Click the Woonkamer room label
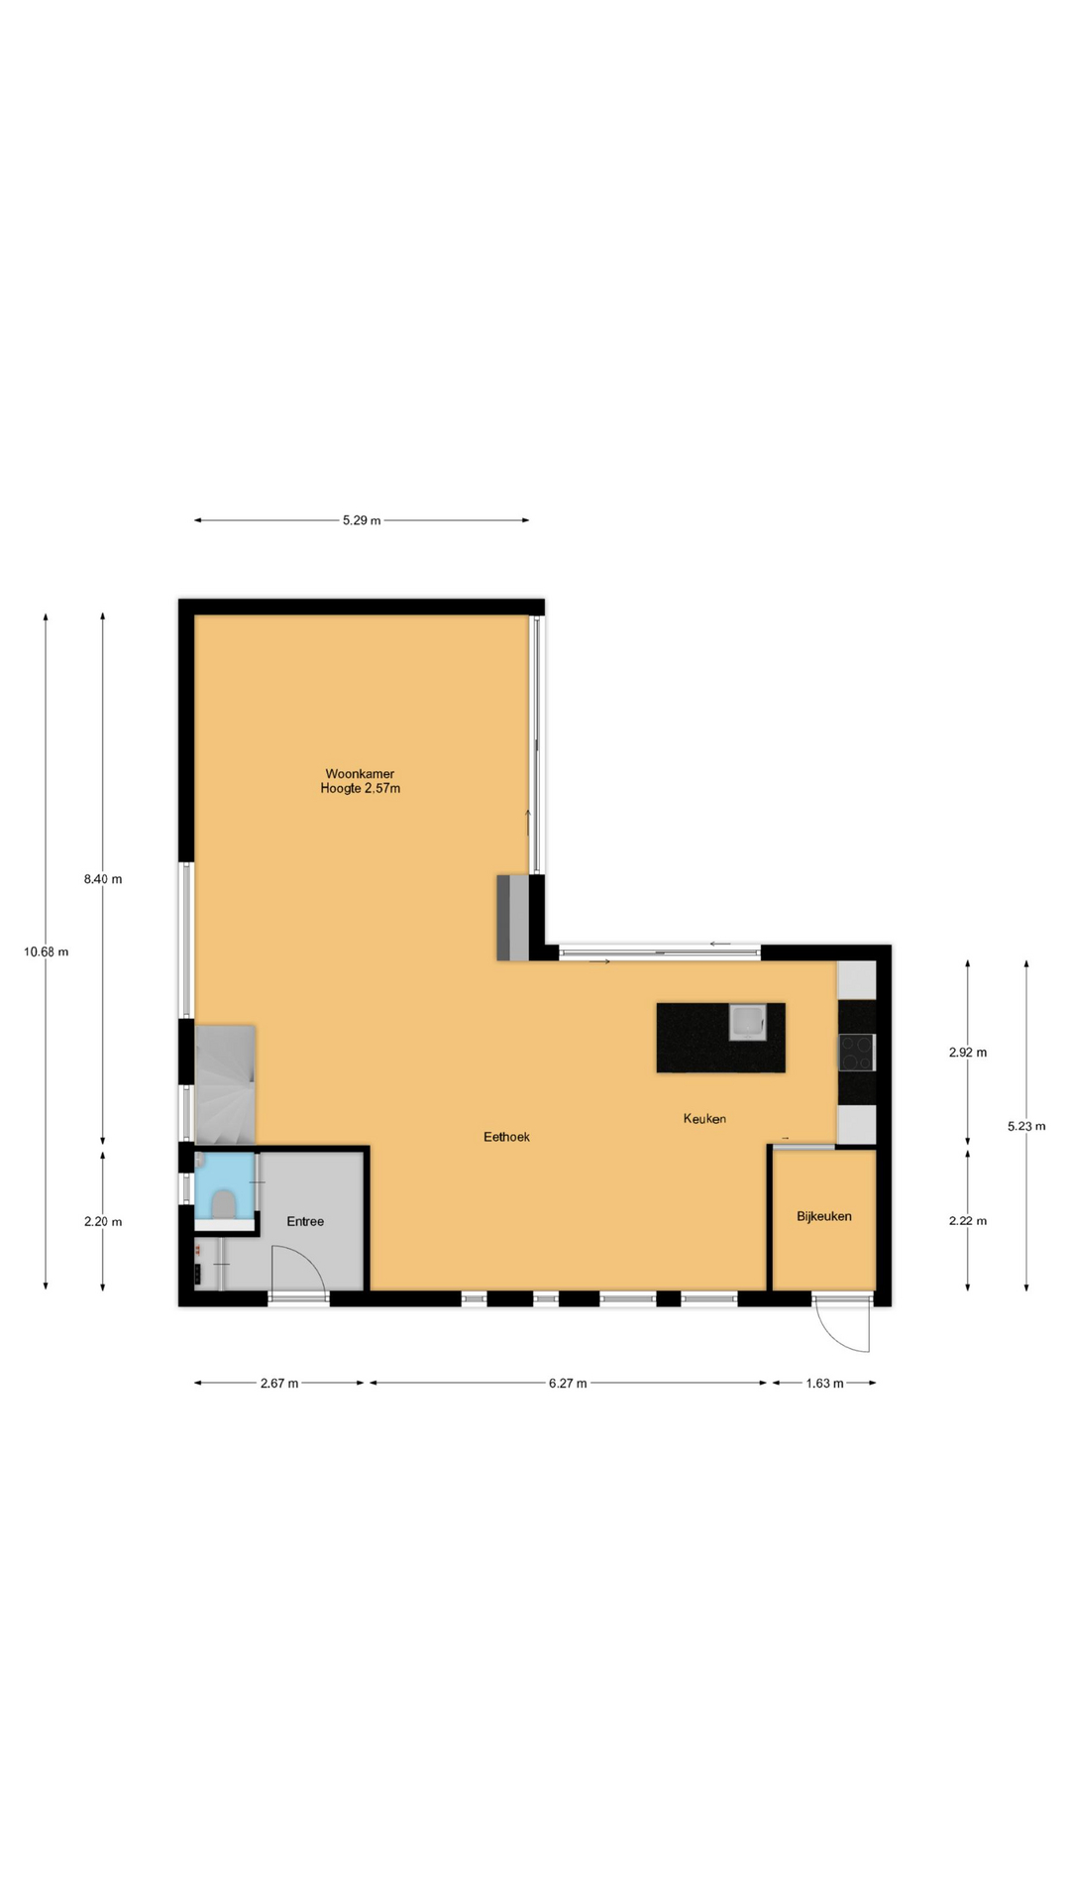[x=360, y=774]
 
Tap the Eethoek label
[x=506, y=1137]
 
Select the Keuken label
[x=704, y=1118]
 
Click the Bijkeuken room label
[x=824, y=1216]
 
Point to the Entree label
[x=305, y=1221]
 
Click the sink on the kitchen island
[x=746, y=1021]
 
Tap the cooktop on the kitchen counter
[x=856, y=1052]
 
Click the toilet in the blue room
[x=224, y=1203]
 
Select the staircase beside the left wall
[x=226, y=1084]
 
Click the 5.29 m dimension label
[x=362, y=520]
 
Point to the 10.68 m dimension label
[x=47, y=951]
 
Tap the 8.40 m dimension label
[x=103, y=879]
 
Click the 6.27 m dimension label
[x=568, y=1384]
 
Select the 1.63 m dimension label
[x=824, y=1384]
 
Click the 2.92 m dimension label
[x=968, y=1053]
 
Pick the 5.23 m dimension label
[x=1026, y=1126]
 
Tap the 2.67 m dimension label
[x=279, y=1384]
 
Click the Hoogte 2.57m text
[x=360, y=789]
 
